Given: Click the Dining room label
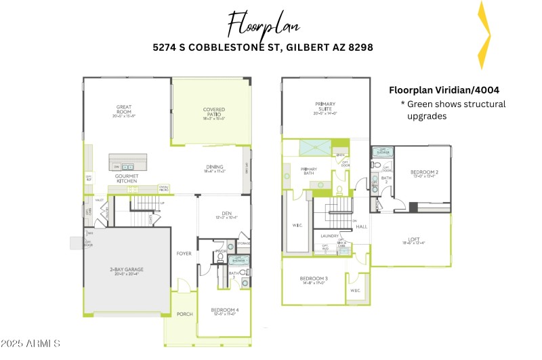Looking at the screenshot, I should coord(215,167).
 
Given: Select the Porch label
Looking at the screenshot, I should coord(184,314).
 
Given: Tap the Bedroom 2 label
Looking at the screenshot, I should coord(425,172).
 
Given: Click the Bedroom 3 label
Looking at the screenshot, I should coord(314,279).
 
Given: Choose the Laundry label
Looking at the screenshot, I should coord(329,236).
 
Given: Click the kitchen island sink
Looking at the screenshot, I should coord(128,165).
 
